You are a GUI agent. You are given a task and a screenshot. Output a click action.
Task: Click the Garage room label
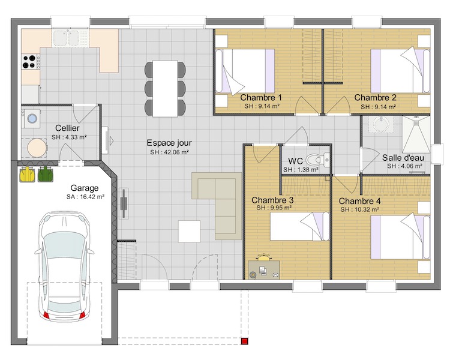pos(85,188)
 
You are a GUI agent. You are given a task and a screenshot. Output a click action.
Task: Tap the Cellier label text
pos(67,128)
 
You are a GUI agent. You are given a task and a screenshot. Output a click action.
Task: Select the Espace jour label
pos(169,143)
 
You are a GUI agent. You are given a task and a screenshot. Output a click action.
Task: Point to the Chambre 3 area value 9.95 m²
pos(274,208)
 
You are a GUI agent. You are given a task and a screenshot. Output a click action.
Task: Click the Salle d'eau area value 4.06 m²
pos(404,166)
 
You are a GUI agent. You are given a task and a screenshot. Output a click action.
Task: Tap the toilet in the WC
pos(317,160)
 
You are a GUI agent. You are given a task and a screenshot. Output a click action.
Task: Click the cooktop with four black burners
pos(30,62)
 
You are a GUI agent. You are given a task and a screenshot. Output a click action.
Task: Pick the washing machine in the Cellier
pos(31,118)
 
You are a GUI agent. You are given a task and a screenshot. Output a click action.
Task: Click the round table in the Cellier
pos(37,148)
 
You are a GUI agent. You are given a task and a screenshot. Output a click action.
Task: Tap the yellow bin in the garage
pos(27,174)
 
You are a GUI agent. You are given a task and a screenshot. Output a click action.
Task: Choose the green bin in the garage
pos(46,174)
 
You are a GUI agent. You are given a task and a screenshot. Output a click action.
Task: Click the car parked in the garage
pos(64,266)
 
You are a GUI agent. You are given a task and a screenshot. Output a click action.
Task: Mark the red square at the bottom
pos(245,341)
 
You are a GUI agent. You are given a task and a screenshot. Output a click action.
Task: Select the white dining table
pos(165,88)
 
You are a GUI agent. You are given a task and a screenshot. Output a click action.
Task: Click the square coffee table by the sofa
pos(189,231)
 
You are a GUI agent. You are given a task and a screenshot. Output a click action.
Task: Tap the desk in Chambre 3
pos(264,270)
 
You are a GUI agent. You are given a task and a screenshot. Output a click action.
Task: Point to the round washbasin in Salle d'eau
pos(382,125)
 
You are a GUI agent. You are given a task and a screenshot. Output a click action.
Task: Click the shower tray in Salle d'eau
pos(416,134)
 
